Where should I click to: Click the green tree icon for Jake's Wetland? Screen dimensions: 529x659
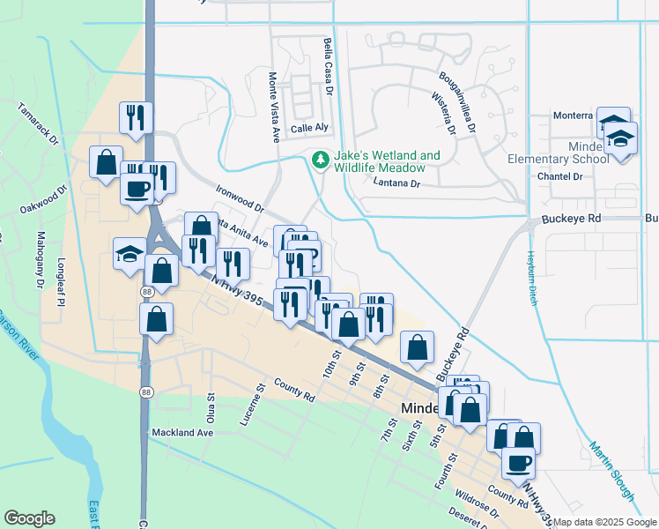[x=319, y=160]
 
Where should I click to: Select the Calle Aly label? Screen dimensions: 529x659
[x=309, y=127]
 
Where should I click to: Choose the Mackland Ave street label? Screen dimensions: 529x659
[x=182, y=433]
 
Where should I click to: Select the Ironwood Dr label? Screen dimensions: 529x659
[x=241, y=197]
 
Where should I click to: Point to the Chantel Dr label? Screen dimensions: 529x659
[x=560, y=176]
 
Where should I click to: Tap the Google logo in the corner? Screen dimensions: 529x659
[x=29, y=518]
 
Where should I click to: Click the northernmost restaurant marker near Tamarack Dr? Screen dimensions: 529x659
[x=136, y=116]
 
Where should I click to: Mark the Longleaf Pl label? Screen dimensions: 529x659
[x=61, y=273]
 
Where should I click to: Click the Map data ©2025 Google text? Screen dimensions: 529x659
[x=605, y=522]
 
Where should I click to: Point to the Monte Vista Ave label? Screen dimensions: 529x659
[x=274, y=107]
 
